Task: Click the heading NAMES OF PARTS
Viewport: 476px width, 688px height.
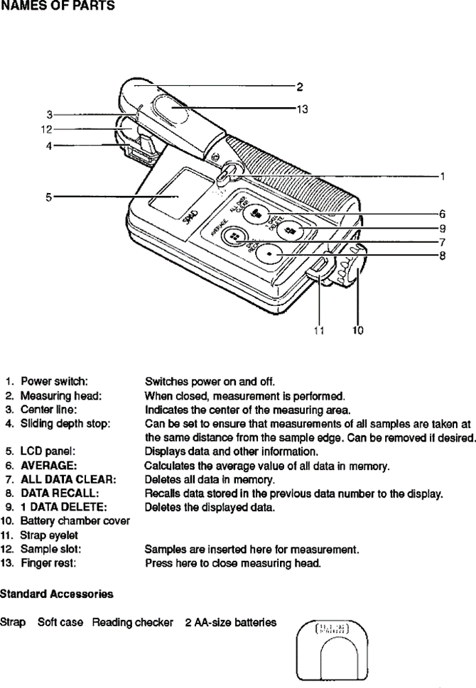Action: click(x=58, y=7)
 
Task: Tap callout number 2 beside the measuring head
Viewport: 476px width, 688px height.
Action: click(x=300, y=87)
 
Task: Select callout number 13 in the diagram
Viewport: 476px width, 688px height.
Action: click(x=301, y=109)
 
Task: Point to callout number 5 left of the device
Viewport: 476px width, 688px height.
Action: click(x=49, y=197)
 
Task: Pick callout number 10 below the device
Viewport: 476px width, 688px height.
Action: click(x=357, y=330)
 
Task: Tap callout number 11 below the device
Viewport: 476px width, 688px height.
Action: click(x=318, y=330)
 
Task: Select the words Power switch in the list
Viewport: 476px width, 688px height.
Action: click(x=54, y=381)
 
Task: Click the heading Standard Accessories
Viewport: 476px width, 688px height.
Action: click(x=56, y=592)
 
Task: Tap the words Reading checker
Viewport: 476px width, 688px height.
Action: click(x=132, y=622)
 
